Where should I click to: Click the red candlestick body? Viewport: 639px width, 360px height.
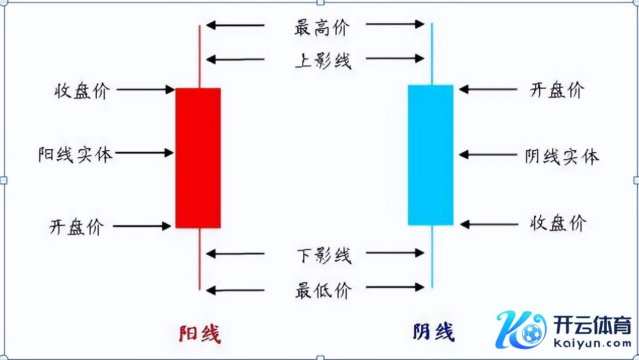pos(198,158)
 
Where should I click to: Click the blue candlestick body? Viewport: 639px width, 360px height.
pos(430,155)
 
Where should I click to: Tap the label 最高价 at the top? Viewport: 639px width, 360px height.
pos(321,27)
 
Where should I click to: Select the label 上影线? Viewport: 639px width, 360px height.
pos(323,61)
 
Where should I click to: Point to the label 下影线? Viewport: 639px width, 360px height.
pos(323,255)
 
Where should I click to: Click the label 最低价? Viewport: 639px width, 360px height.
pos(322,290)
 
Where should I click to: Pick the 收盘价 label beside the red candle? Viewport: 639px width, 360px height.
pos(82,91)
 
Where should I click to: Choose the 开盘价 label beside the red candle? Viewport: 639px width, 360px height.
pos(77,227)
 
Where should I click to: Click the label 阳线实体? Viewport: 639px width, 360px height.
pos(76,154)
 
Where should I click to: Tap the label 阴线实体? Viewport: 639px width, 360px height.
pos(561,156)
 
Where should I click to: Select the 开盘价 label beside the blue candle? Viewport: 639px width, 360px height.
pos(557,90)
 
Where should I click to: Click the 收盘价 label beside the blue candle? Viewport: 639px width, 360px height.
pos(558,223)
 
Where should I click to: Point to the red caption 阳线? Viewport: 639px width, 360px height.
pos(200,333)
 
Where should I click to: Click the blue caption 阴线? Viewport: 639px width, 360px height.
pos(433,332)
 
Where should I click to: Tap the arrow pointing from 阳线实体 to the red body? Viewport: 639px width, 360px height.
pos(144,152)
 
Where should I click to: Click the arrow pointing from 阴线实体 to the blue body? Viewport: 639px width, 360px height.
pos(488,154)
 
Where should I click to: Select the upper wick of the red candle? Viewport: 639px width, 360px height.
pos(200,55)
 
